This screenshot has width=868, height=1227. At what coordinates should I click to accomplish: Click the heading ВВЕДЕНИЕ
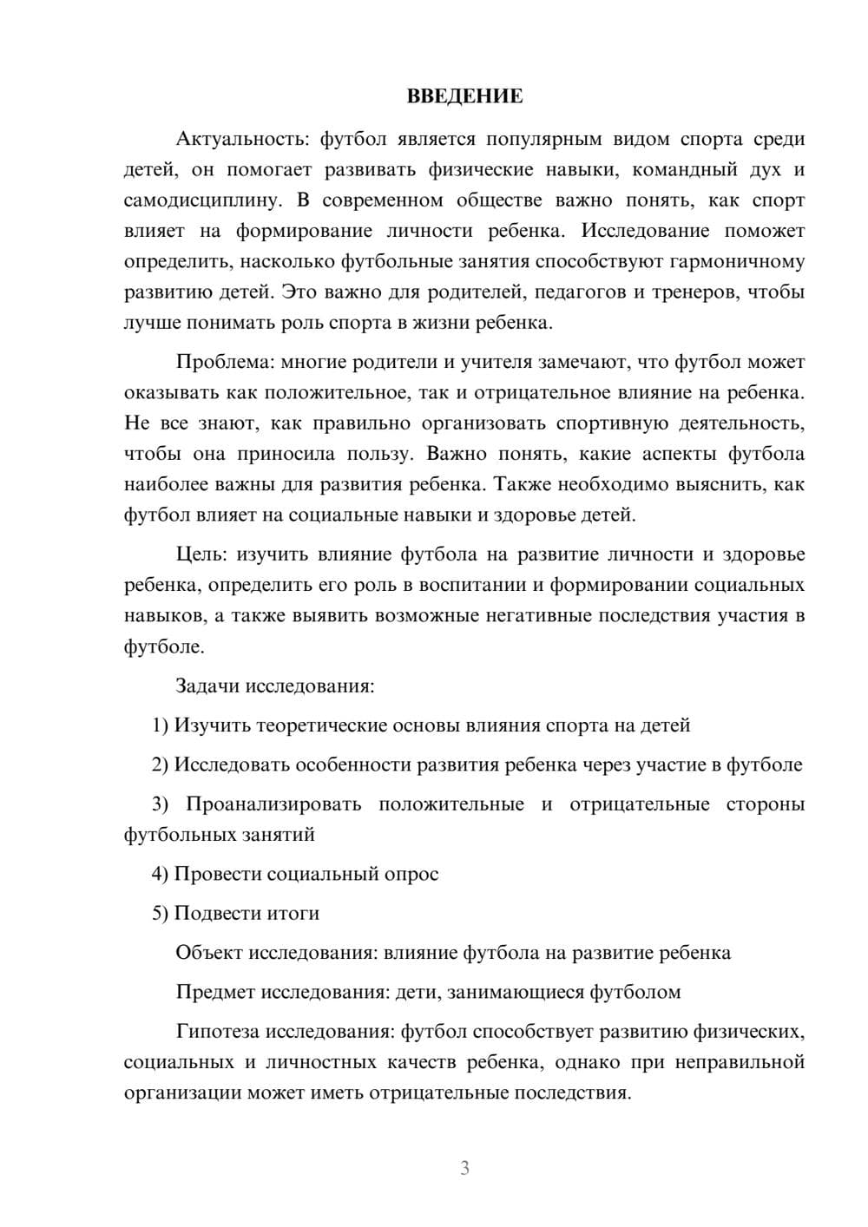point(464,96)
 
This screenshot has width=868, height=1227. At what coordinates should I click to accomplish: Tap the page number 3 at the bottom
point(464,1168)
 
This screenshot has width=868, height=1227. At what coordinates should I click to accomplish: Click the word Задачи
point(207,686)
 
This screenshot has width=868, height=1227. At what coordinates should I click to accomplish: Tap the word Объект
point(209,953)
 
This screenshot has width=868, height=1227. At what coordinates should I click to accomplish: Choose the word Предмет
point(215,992)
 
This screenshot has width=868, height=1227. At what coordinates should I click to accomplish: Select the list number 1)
point(160,725)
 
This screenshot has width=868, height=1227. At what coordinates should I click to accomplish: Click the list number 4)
point(160,874)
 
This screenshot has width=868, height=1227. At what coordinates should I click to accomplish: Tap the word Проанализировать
point(273,804)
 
